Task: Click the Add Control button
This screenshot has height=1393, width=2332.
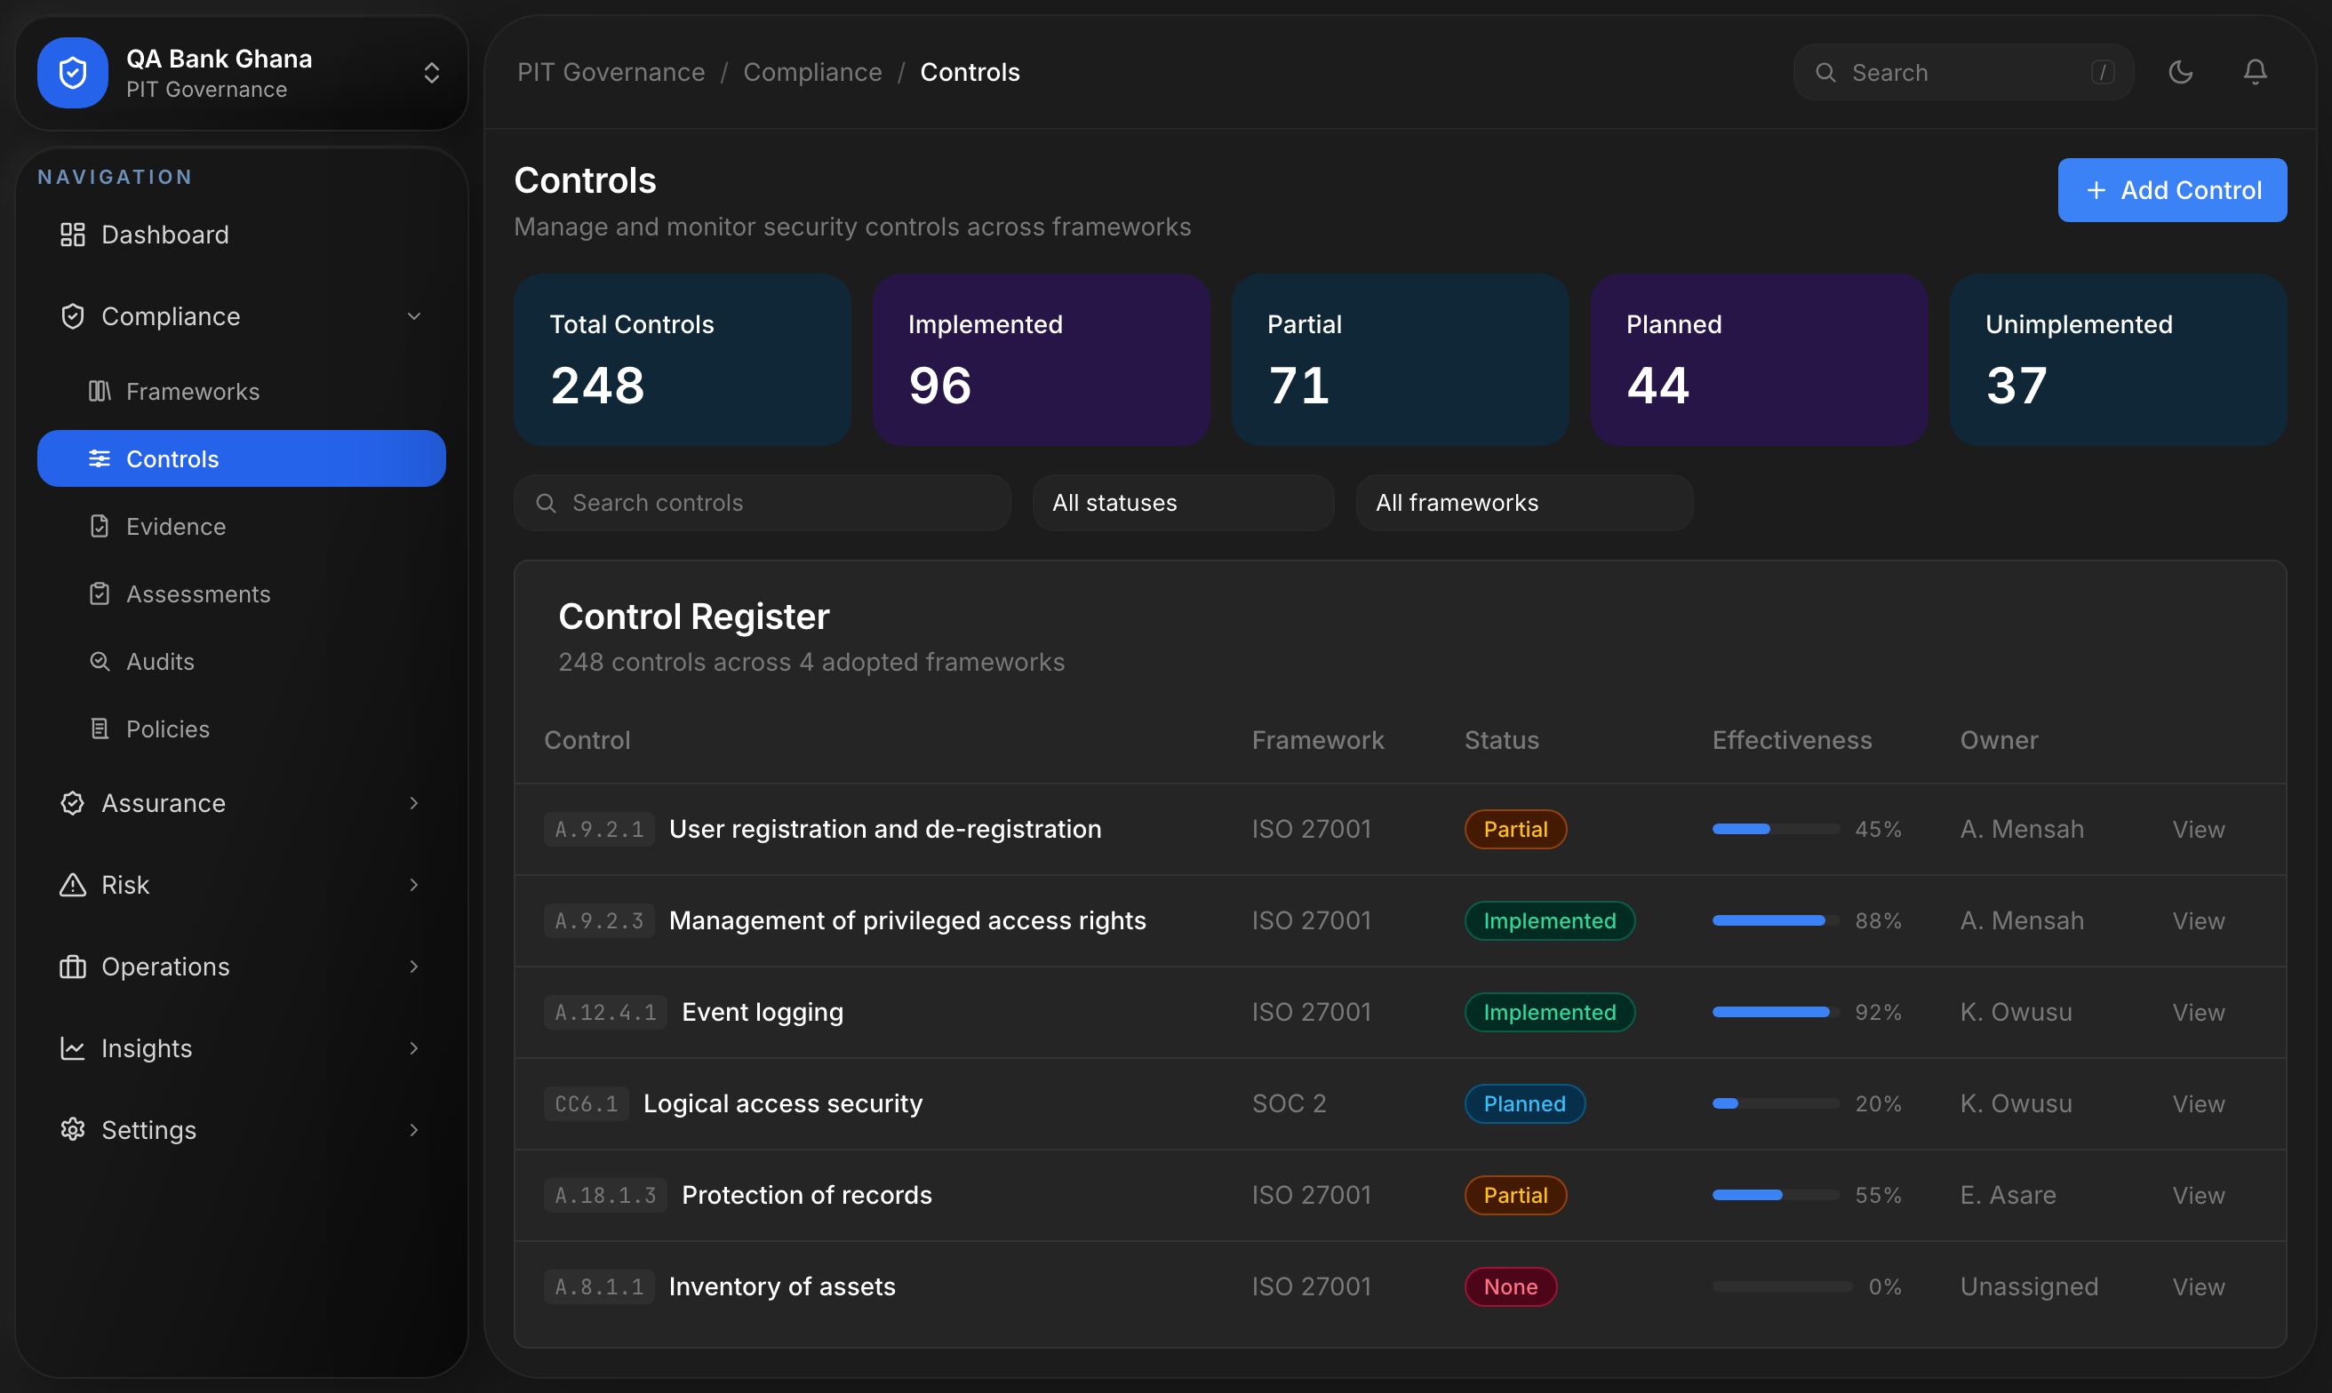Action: point(2171,189)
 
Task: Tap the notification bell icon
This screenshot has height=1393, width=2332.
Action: point(2255,72)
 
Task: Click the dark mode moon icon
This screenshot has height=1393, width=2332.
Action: point(2181,72)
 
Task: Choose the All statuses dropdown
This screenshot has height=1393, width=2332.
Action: point(1183,503)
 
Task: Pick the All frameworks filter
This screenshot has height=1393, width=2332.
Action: point(1525,503)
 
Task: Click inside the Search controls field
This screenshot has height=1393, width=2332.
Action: point(763,503)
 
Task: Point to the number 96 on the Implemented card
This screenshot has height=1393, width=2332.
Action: point(939,385)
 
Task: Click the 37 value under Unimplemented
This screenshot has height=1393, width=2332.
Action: point(2017,385)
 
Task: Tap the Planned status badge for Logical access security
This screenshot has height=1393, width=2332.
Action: point(1525,1104)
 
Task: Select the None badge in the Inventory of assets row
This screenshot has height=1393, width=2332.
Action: point(1511,1287)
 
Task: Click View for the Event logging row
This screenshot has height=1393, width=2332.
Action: point(2198,1013)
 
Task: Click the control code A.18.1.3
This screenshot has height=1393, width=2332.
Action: point(605,1196)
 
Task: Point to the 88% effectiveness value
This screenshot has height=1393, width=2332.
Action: point(1878,921)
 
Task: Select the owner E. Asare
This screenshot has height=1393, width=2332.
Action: point(2009,1196)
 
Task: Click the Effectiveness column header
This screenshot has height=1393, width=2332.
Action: point(1793,741)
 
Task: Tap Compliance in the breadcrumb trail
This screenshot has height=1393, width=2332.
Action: point(813,72)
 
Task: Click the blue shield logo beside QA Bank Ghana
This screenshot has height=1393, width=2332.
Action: point(73,72)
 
